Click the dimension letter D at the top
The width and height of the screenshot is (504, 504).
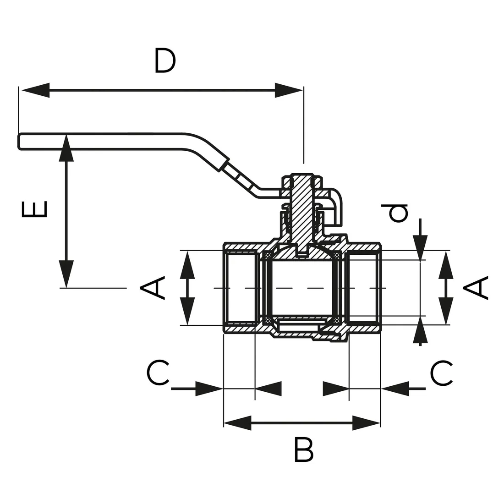coord(165,61)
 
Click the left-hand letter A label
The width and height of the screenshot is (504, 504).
coord(152,288)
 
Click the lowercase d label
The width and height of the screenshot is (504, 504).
coord(397,214)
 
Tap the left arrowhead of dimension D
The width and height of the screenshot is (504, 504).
coord(34,90)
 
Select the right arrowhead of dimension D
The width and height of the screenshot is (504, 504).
coord(289,90)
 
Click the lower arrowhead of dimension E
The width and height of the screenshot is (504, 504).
coord(66,274)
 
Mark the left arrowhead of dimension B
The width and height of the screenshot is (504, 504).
coord(237,423)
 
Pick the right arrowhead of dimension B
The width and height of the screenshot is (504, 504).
coord(367,423)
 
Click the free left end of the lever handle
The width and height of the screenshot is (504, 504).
coord(21,141)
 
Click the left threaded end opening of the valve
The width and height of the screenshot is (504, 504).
coord(241,288)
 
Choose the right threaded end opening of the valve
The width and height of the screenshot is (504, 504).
coord(363,288)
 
